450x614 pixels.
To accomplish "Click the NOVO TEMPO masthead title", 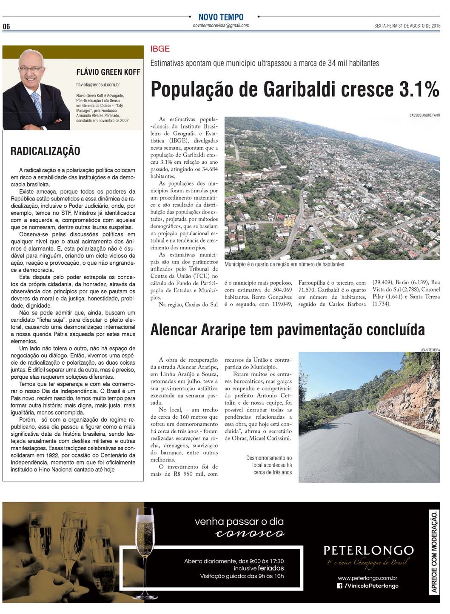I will (221, 17).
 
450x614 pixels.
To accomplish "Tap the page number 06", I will (6, 26).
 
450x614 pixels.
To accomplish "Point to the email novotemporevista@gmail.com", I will (221, 26).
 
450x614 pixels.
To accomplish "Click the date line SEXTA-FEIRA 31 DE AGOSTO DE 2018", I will (407, 26).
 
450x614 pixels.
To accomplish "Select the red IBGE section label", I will (160, 49).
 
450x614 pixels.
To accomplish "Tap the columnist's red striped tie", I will (37, 104).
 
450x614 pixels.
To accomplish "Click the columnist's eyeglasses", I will (31, 69).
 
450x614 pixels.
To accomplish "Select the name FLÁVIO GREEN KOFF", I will (108, 72).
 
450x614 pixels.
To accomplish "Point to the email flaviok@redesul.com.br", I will (98, 85).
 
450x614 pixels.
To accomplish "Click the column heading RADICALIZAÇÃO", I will (45, 151).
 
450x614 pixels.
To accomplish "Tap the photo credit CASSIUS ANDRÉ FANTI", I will (424, 115).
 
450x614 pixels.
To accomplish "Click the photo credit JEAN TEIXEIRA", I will (430, 350).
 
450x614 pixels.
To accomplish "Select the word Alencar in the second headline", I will (174, 330).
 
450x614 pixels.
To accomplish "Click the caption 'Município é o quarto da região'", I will (284, 264).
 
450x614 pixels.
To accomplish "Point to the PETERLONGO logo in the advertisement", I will (368, 551).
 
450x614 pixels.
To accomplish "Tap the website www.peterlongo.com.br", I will (367, 578).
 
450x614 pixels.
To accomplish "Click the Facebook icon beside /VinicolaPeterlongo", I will (339, 586).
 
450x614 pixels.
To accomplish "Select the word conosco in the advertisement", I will (250, 534).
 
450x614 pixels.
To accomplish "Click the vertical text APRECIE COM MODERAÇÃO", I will (434, 552).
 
